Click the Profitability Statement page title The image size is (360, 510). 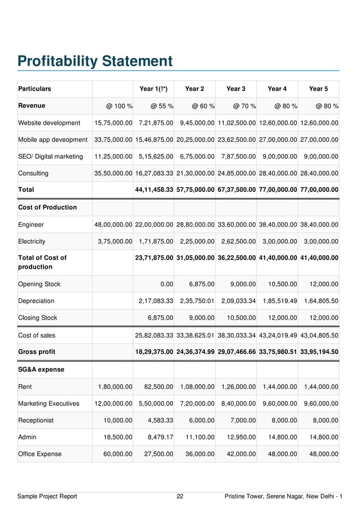[95, 61]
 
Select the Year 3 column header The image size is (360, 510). [236, 89]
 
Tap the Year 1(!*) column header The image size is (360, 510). [153, 89]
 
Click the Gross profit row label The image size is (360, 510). [37, 352]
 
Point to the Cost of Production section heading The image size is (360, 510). [47, 207]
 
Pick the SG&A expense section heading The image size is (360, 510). [41, 369]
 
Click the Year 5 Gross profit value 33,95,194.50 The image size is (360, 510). [319, 352]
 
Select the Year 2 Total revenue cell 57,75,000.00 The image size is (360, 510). [195, 190]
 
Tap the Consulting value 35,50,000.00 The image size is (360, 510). [113, 173]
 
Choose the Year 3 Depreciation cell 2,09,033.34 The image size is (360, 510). [236, 301]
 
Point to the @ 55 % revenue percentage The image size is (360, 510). [161, 106]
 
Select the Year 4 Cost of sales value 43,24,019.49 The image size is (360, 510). [278, 335]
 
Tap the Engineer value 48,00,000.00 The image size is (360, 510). [113, 225]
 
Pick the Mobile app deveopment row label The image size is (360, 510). [53, 140]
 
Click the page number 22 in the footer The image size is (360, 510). [180, 496]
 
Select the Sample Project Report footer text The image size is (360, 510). [47, 496]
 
